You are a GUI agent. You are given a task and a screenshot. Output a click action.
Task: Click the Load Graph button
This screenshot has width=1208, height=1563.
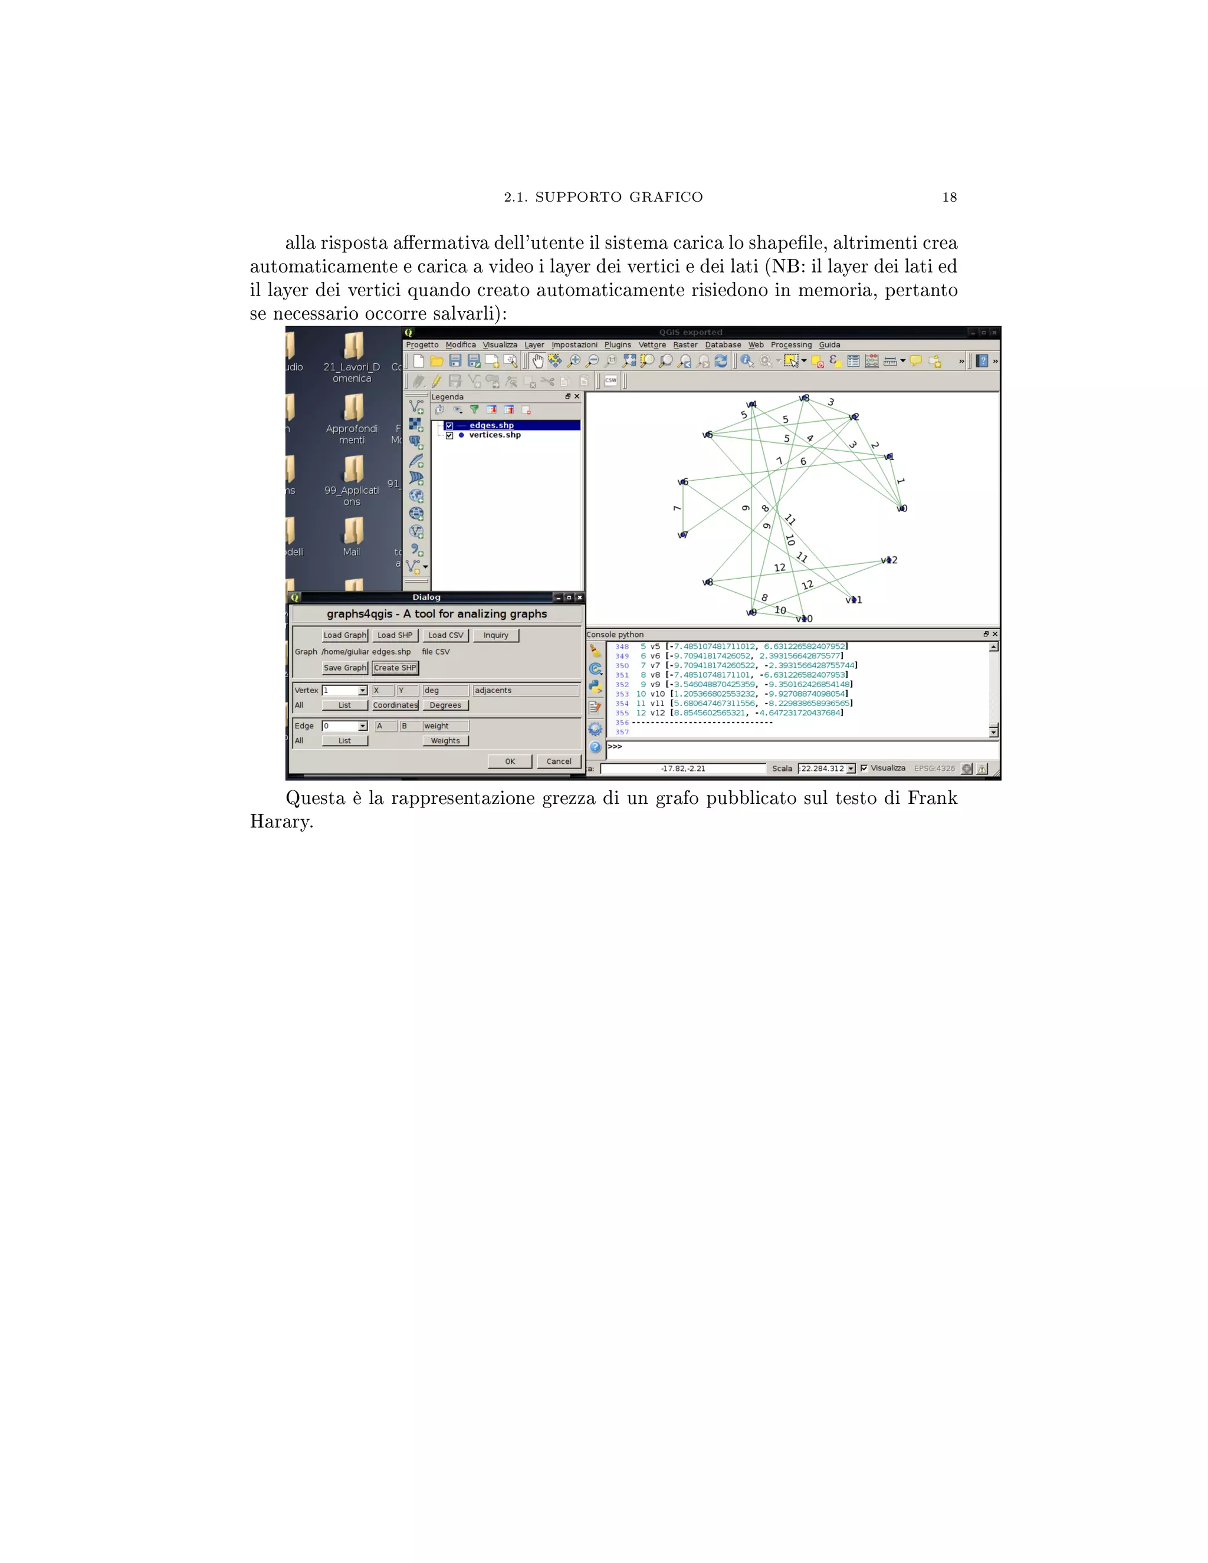[x=344, y=635]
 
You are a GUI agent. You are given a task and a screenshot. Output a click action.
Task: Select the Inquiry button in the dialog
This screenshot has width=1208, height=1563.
[x=495, y=635]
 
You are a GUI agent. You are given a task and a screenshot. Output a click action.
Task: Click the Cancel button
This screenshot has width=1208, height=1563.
[x=558, y=761]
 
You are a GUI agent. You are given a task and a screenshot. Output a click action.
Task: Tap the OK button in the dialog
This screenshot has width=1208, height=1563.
[x=510, y=761]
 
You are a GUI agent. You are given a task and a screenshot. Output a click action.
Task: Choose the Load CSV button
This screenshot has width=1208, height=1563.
[x=445, y=635]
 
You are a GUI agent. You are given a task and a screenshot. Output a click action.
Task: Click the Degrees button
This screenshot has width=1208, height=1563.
[x=445, y=705]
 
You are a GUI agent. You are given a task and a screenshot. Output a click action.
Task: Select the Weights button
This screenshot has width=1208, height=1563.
[x=445, y=741]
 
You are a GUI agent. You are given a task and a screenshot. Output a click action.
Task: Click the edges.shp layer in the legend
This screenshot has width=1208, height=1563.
[x=492, y=425]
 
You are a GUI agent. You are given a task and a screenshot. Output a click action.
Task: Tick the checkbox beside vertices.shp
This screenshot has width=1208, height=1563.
[x=449, y=435]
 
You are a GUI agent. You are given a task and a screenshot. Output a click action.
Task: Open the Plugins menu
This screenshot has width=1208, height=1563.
[x=617, y=345]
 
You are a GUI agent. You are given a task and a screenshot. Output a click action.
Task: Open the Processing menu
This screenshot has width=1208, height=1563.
[x=791, y=345]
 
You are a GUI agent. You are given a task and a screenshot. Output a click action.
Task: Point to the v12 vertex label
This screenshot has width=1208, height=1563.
[x=889, y=560]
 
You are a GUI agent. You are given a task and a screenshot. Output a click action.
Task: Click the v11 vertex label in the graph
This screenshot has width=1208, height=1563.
[x=854, y=600]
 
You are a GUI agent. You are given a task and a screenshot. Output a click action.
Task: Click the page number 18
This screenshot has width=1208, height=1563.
[x=949, y=198]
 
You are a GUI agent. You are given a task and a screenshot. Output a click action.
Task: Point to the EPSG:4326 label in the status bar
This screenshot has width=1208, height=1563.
[x=934, y=769]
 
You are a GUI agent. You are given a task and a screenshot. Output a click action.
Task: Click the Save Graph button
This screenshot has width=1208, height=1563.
[x=344, y=668]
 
